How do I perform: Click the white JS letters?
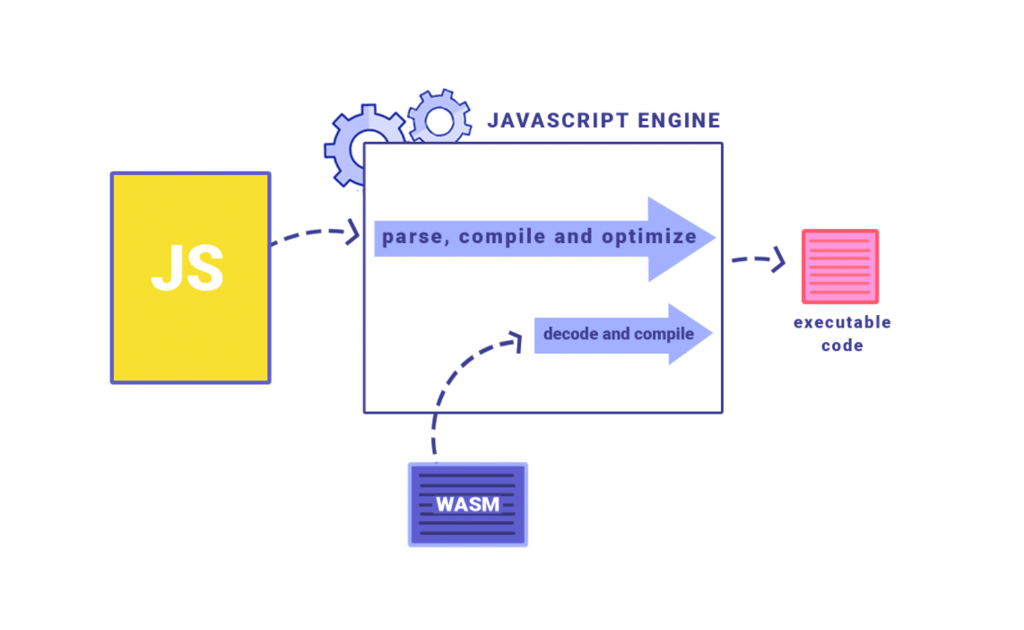click(x=187, y=267)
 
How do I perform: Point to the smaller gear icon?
click(x=439, y=119)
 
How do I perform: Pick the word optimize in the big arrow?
click(x=648, y=237)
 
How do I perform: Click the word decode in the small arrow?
click(x=570, y=334)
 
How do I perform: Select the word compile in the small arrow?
click(x=664, y=334)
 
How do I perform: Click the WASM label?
click(x=467, y=503)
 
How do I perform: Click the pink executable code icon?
click(x=839, y=267)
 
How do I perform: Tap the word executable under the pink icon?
click(x=842, y=322)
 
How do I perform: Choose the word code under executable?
click(x=842, y=346)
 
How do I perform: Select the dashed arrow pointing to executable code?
click(x=759, y=260)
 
